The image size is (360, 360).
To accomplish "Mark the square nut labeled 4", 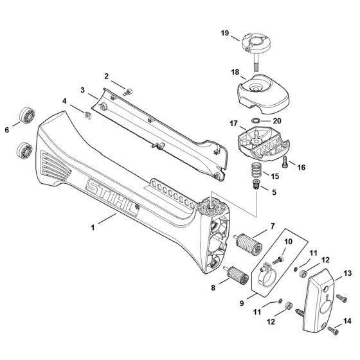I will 86,116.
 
